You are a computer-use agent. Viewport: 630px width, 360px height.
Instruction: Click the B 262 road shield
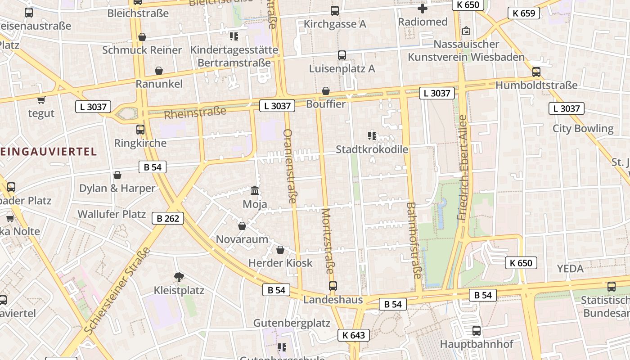point(168,219)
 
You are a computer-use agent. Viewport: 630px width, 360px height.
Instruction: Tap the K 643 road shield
point(354,335)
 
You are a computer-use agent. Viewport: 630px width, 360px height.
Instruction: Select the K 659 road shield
point(524,13)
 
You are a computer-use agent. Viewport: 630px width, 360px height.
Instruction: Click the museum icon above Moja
point(255,191)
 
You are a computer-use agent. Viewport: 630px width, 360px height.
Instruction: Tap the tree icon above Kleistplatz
point(179,277)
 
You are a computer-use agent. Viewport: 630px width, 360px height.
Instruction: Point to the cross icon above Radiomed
point(423,9)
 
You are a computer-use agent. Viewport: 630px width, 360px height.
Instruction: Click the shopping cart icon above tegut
point(41,100)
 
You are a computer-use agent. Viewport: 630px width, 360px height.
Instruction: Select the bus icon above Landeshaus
point(333,286)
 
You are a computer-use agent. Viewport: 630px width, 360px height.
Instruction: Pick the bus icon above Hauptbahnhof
point(477,331)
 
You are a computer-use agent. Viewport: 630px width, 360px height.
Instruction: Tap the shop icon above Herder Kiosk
point(280,250)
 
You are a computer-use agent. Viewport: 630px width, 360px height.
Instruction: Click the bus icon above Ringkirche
point(140,130)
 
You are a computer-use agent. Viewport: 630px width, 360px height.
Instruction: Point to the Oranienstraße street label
point(290,166)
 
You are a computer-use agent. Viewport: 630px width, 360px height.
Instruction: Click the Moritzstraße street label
point(328,241)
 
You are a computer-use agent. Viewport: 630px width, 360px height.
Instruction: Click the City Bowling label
point(583,129)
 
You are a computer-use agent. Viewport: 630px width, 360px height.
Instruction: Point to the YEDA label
point(570,269)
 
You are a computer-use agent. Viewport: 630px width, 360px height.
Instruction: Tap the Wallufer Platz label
point(112,214)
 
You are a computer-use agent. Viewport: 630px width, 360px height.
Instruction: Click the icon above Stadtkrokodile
point(372,135)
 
